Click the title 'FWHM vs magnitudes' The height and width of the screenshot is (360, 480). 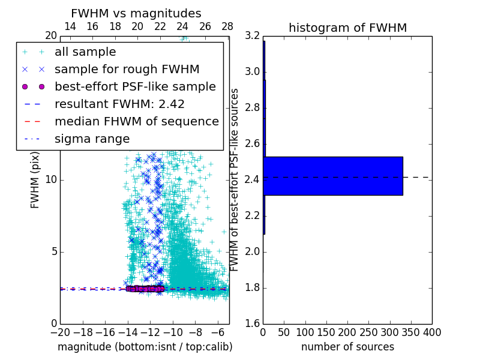tap(136, 13)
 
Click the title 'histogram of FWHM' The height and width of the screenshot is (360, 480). tap(347, 28)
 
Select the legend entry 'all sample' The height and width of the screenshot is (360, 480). tap(85, 52)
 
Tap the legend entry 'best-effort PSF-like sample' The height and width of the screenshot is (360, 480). tap(135, 86)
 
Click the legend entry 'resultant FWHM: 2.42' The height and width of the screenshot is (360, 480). tap(119, 104)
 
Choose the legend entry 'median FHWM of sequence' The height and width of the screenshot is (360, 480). tap(136, 121)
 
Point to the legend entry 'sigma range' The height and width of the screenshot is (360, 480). tap(92, 139)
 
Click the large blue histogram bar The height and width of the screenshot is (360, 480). tap(333, 176)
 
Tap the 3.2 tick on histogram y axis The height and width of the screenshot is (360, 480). tap(253, 36)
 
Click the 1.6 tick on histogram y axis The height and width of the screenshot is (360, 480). tap(253, 324)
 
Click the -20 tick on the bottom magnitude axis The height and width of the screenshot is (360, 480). tap(60, 332)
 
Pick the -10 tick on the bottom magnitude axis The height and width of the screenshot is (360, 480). tap(173, 332)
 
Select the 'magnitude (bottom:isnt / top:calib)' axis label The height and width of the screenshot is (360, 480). tap(145, 347)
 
